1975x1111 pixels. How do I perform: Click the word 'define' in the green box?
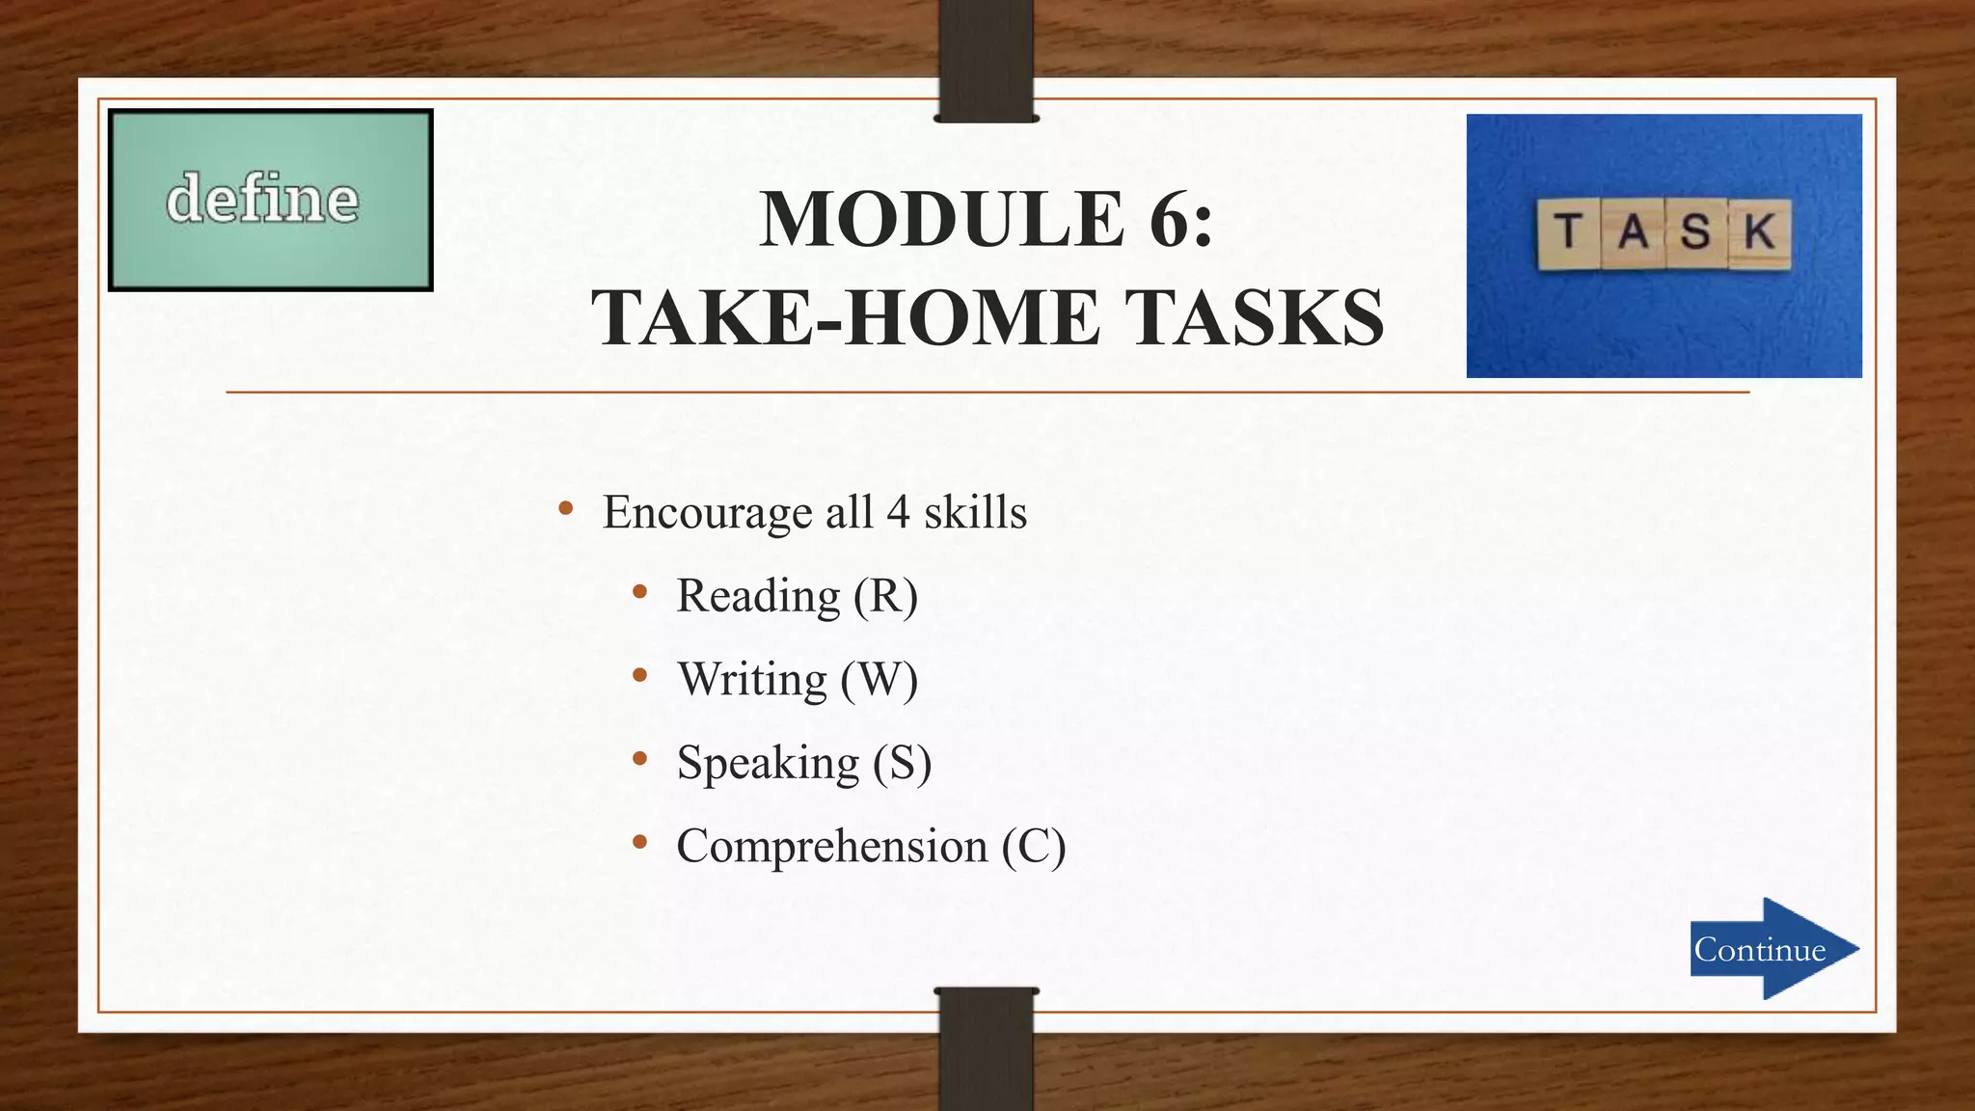[262, 199]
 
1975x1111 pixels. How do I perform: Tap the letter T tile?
[1568, 233]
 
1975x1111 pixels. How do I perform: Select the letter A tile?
[1633, 232]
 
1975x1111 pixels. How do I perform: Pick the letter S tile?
[1695, 232]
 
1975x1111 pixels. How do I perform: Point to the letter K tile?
[1760, 232]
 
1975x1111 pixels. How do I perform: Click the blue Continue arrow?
[1772, 949]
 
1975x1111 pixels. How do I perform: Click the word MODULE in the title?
[941, 219]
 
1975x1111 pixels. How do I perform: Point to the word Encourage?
[707, 512]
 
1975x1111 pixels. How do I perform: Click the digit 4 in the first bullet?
[898, 511]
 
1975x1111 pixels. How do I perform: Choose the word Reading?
[758, 595]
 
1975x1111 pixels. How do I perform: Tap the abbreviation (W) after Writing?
[879, 679]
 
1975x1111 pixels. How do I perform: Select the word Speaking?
[768, 763]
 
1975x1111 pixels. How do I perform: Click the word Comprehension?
[832, 846]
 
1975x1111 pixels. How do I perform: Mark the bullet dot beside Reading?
[639, 592]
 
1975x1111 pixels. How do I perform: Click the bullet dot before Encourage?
[566, 508]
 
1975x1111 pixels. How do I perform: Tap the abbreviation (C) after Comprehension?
[1033, 846]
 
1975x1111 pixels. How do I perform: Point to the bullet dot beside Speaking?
[639, 759]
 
